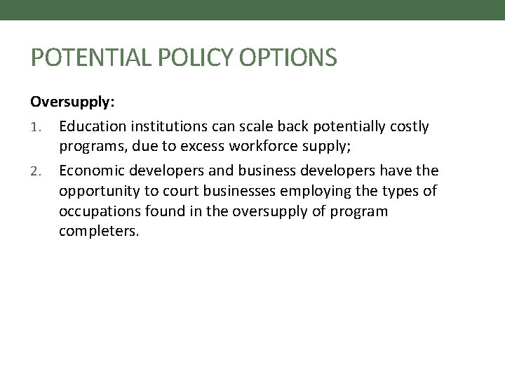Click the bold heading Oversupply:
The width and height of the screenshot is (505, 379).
pyautogui.click(x=73, y=102)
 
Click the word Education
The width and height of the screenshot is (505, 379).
pyautogui.click(x=92, y=126)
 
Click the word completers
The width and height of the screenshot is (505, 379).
pyautogui.click(x=99, y=231)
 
